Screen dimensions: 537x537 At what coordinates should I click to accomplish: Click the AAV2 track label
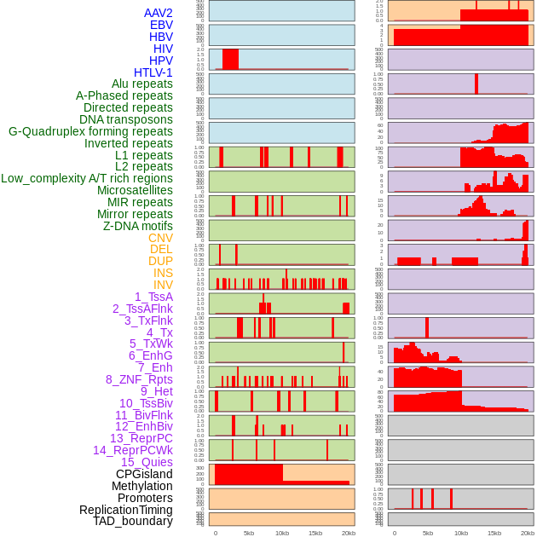(x=159, y=13)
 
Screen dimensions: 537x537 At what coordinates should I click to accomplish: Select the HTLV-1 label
(x=153, y=72)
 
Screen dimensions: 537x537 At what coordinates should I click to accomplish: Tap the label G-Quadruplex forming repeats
(x=90, y=131)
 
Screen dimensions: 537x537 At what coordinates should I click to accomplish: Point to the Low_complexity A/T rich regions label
(x=87, y=178)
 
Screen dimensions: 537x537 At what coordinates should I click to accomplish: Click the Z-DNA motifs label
(x=138, y=226)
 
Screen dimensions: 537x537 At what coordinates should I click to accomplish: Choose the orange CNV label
(x=160, y=238)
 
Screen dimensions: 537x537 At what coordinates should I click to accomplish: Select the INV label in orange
(x=163, y=285)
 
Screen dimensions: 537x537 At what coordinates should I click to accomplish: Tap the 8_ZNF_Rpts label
(x=139, y=379)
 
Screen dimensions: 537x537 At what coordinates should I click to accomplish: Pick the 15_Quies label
(x=147, y=462)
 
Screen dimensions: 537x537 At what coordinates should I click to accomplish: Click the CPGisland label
(x=144, y=474)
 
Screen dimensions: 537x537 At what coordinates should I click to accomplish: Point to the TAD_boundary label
(x=133, y=521)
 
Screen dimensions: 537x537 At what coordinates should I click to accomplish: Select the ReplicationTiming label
(x=126, y=510)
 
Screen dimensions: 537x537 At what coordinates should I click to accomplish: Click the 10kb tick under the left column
(x=282, y=533)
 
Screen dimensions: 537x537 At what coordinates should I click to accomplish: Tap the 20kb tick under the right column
(x=528, y=533)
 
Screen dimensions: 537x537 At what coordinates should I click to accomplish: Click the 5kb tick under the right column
(x=428, y=533)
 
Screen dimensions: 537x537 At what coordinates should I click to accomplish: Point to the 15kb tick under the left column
(x=315, y=533)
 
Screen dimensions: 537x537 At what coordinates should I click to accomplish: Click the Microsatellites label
(x=135, y=190)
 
